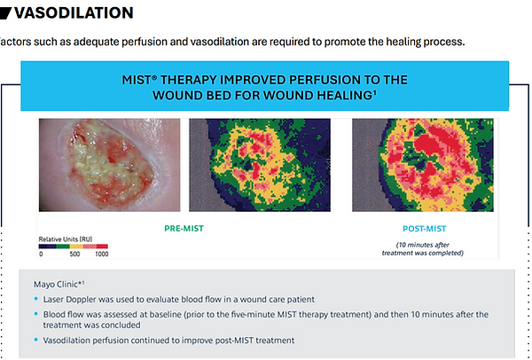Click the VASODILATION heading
74,13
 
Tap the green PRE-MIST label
184,229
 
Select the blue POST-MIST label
424,229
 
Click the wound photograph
109,165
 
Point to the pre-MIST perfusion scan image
260,165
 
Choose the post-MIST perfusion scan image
423,165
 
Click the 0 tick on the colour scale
41,254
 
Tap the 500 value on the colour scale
74,254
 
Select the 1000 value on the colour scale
101,254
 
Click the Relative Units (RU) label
65,239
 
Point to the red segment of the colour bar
102,247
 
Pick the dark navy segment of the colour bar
47,247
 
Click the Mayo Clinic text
59,284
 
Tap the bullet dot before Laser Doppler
36,299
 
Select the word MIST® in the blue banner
139,80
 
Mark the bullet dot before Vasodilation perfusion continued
36,340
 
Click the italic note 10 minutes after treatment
423,248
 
